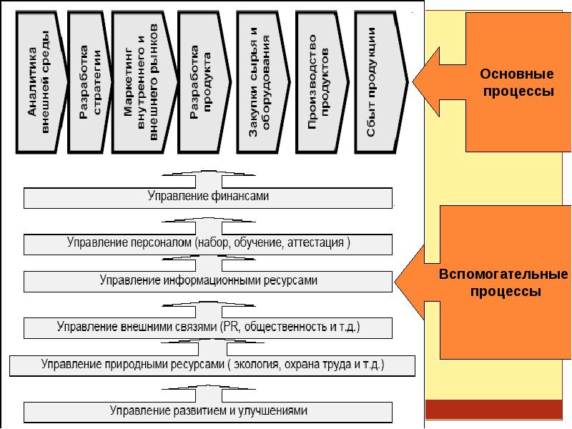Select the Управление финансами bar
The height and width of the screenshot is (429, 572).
[x=209, y=196]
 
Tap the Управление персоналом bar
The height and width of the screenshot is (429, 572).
[x=209, y=243]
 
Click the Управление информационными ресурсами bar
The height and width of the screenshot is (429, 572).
[x=209, y=281]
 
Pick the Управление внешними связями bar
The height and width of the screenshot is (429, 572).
[x=209, y=327]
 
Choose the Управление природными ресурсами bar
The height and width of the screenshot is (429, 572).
[x=212, y=365]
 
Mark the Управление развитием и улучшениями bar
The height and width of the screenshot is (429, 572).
[x=209, y=411]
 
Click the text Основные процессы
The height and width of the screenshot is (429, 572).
[x=517, y=83]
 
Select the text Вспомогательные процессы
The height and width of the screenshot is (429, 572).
[x=503, y=283]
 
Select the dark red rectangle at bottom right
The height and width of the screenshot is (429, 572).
[x=498, y=410]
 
